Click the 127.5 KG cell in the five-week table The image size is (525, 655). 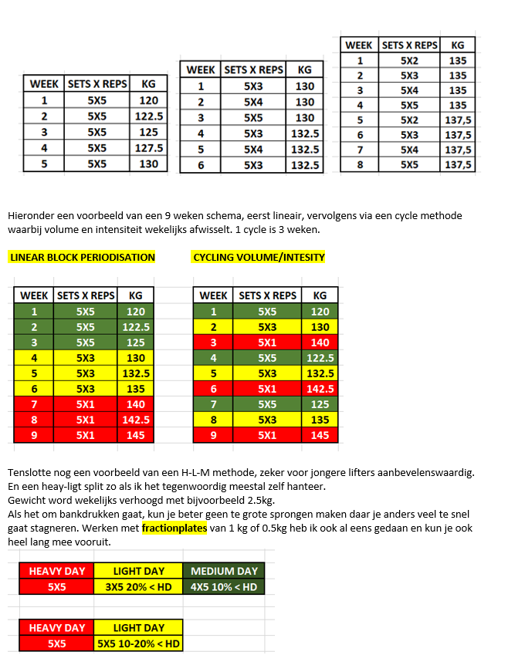point(149,148)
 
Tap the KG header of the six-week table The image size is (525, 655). point(305,70)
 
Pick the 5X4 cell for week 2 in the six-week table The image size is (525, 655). point(253,102)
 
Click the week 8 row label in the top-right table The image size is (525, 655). point(360,164)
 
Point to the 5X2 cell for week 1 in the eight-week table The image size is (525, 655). point(409,60)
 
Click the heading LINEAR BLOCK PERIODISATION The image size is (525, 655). point(83,257)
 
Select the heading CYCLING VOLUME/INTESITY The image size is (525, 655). point(259,257)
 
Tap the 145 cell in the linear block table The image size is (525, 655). point(136,435)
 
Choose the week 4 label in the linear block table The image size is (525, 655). point(34,358)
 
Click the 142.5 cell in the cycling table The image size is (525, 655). point(320,389)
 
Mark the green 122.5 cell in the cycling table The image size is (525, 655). point(320,358)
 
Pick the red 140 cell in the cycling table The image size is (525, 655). point(320,342)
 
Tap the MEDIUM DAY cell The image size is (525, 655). point(224,571)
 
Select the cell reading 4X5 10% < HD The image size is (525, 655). point(224,586)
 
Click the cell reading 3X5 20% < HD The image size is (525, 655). point(138,586)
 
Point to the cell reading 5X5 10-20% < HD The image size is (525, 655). point(138,643)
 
